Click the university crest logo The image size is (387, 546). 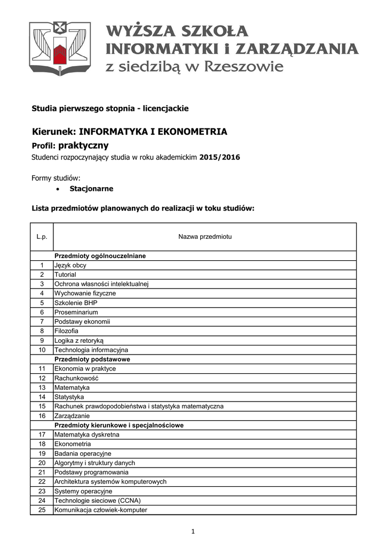coord(60,49)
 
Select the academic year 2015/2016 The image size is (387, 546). coord(220,157)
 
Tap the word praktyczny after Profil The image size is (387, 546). coord(83,145)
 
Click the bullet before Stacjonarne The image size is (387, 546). coord(58,189)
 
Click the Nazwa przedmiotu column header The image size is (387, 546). coord(204,236)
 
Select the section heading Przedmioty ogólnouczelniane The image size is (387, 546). coord(100,256)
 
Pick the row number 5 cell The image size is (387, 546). coord(42,303)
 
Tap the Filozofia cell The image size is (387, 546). coord(67,331)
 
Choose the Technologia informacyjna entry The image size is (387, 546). coord(91,350)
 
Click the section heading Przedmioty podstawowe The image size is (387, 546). coord(92,359)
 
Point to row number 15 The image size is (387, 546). coord(42,406)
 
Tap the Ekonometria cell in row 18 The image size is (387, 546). coord(73,444)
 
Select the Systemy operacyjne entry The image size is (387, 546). coord(83,491)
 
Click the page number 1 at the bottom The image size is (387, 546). coord(193,531)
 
